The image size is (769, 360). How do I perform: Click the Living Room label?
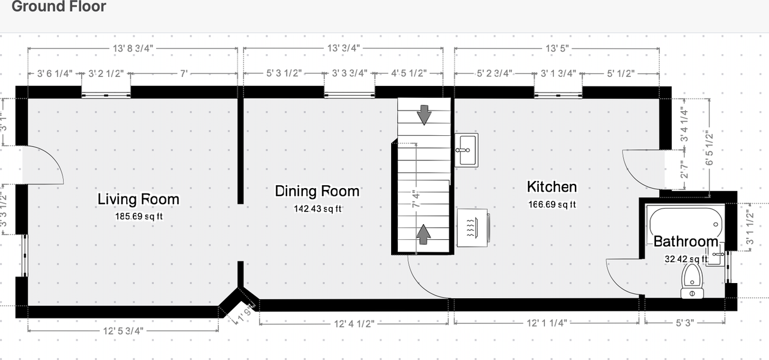(x=138, y=199)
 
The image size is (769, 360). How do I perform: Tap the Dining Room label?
(x=317, y=191)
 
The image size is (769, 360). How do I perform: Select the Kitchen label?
(x=552, y=186)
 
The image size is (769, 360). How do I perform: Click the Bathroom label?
(x=685, y=242)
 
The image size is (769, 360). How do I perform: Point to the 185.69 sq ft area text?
(x=138, y=216)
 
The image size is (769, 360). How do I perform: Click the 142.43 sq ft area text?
(x=317, y=209)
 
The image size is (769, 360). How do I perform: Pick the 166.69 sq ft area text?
(x=552, y=204)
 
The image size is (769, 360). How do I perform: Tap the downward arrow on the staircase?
(x=424, y=114)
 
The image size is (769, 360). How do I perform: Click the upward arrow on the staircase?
(x=424, y=233)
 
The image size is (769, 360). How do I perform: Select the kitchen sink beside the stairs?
(x=467, y=150)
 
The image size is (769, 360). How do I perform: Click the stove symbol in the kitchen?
(x=473, y=227)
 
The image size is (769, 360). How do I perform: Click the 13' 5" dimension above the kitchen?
(x=556, y=48)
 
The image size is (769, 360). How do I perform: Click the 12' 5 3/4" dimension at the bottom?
(x=123, y=331)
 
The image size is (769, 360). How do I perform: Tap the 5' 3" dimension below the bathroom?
(x=684, y=323)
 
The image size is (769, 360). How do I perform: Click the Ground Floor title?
(x=59, y=7)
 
